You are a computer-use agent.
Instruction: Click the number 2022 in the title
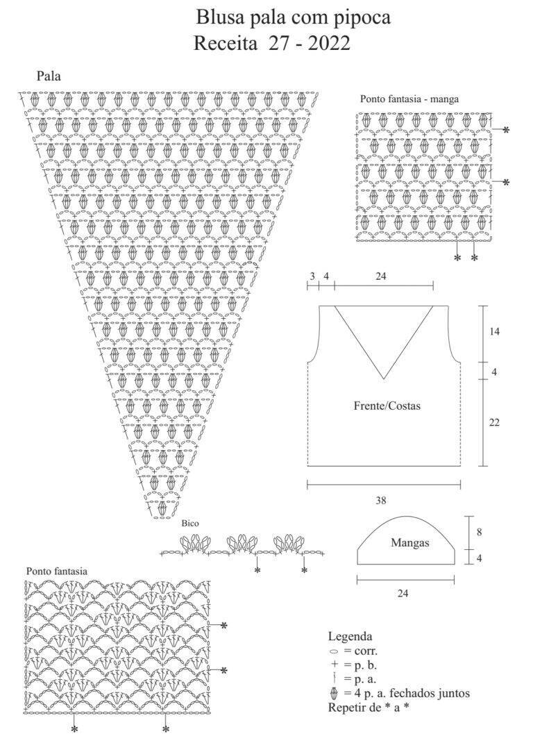pyautogui.click(x=329, y=44)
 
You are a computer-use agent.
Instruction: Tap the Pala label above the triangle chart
pyautogui.click(x=49, y=76)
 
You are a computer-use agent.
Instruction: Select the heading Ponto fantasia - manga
pyautogui.click(x=409, y=99)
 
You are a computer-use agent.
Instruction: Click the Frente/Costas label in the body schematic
pyautogui.click(x=387, y=406)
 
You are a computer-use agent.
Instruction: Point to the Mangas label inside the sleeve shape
pyautogui.click(x=410, y=543)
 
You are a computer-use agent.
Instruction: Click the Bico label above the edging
pyautogui.click(x=189, y=524)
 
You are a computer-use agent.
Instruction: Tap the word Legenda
pyautogui.click(x=350, y=637)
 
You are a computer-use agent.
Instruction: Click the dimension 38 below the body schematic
pyautogui.click(x=380, y=501)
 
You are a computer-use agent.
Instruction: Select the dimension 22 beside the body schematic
pyautogui.click(x=494, y=422)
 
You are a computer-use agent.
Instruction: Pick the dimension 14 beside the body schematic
pyautogui.click(x=494, y=331)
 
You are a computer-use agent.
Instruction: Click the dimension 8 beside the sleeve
pyautogui.click(x=480, y=532)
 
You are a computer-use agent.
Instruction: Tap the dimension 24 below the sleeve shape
pyautogui.click(x=403, y=593)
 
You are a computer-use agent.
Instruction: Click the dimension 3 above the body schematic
pyautogui.click(x=312, y=276)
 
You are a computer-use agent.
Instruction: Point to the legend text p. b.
pyautogui.click(x=365, y=665)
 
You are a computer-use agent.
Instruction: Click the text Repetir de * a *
pyautogui.click(x=369, y=708)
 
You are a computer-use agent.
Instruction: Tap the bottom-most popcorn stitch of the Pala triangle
pyautogui.click(x=162, y=507)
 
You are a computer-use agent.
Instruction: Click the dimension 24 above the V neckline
pyautogui.click(x=381, y=276)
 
